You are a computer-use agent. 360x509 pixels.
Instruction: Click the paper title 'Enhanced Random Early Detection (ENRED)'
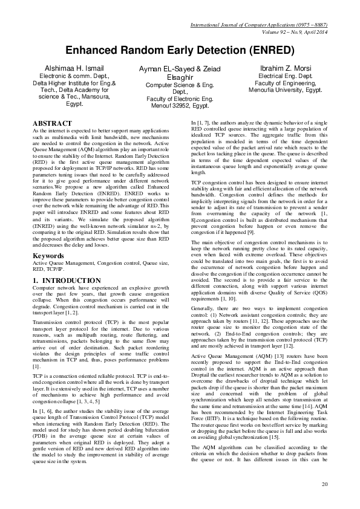pos(180,50)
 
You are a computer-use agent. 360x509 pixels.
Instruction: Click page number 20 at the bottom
pos(324,484)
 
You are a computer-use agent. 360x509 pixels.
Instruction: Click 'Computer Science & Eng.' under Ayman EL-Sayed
pos(180,86)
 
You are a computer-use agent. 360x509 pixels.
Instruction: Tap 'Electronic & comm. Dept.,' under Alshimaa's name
pos(67,76)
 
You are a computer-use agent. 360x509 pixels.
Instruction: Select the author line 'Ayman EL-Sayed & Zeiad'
pos(180,70)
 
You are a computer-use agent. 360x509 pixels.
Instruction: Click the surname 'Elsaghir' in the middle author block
pos(180,78)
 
